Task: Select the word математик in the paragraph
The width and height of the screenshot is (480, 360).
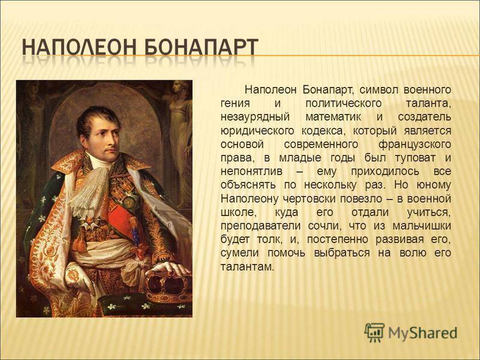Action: point(333,117)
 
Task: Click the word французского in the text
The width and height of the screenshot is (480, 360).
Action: point(415,145)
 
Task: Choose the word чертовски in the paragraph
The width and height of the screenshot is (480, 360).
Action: point(308,199)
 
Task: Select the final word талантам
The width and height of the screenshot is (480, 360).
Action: point(247,267)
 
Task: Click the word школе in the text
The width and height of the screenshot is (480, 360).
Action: point(238,213)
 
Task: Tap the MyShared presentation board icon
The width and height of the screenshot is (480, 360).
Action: point(374,332)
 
